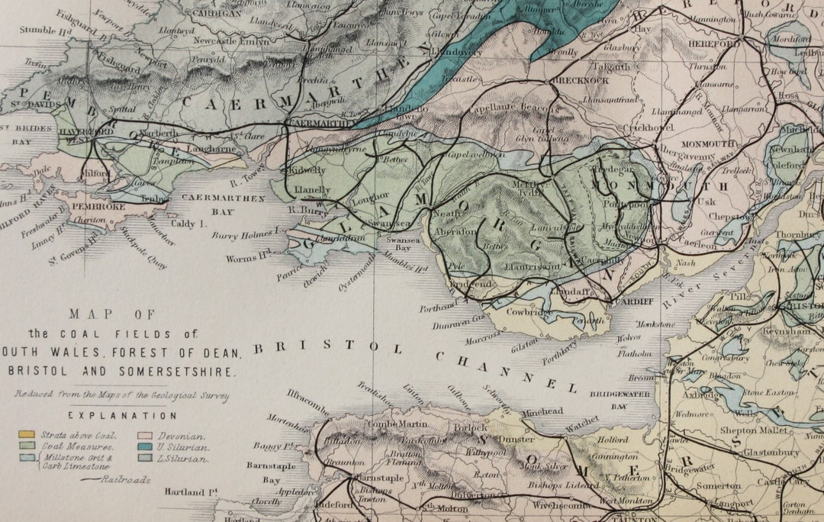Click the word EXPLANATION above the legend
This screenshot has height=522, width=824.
pyautogui.click(x=122, y=416)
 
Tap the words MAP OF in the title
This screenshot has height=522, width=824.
pyautogui.click(x=111, y=313)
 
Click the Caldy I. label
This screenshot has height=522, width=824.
pyautogui.click(x=192, y=224)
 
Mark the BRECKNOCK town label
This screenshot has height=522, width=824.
pyautogui.click(x=580, y=80)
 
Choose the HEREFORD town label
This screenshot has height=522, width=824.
pyautogui.click(x=716, y=44)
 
